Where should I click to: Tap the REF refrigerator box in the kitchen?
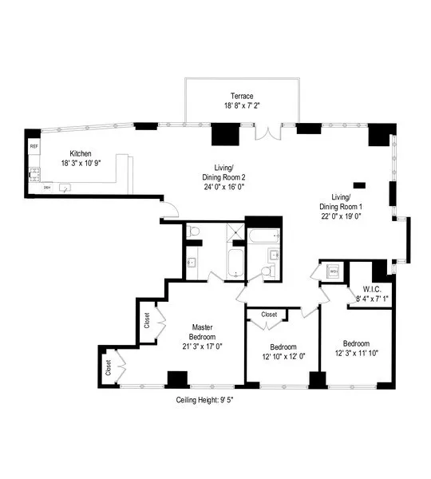click(34, 147)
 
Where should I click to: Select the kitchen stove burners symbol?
click(34, 173)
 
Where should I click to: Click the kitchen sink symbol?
click(66, 188)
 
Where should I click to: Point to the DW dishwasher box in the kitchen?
click(47, 188)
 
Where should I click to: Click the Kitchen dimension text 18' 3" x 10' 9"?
click(82, 163)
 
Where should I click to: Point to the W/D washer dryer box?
click(334, 272)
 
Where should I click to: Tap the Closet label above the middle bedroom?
click(269, 315)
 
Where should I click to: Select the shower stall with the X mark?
click(235, 232)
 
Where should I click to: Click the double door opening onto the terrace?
click(267, 132)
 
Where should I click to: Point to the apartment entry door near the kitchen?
click(168, 211)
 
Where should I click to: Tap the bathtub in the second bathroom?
click(263, 237)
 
